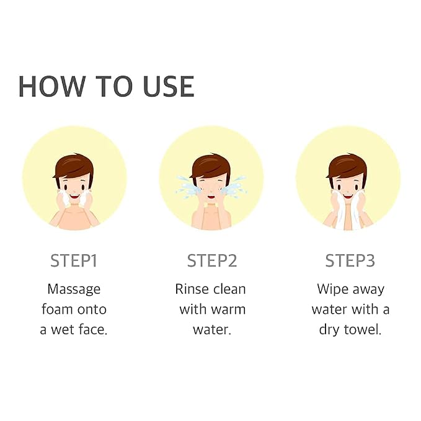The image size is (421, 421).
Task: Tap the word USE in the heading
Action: [x=169, y=86]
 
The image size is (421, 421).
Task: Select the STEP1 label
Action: [x=74, y=260]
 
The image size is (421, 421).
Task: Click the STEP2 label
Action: [x=212, y=260]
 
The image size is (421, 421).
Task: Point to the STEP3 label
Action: [x=350, y=260]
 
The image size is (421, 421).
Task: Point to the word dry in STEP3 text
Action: [x=329, y=330]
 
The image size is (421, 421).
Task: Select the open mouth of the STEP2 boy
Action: [x=211, y=197]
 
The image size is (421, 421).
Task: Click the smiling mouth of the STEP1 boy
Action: [x=74, y=197]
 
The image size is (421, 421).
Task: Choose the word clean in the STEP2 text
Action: [x=229, y=289]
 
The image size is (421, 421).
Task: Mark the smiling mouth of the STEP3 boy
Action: [x=348, y=197]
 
